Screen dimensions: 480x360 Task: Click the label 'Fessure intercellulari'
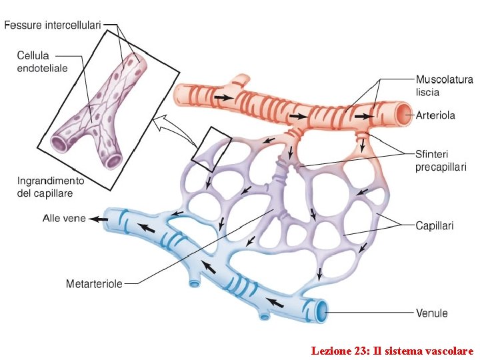(53, 25)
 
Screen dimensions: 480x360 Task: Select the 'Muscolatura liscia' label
(445, 86)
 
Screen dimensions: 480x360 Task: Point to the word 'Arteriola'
(435, 115)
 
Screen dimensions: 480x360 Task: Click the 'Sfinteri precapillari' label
(441, 161)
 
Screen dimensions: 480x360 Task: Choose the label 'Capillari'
(434, 226)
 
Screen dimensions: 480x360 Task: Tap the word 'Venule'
(432, 313)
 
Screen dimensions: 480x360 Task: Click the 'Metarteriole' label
(94, 284)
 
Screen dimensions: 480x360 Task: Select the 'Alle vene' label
(64, 218)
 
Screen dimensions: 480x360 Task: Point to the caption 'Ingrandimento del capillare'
(50, 187)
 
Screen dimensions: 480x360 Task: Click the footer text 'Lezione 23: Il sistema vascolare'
(392, 350)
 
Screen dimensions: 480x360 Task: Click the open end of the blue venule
(323, 310)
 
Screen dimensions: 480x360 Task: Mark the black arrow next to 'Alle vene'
(99, 219)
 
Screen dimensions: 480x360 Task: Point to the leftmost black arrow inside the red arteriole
(224, 97)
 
